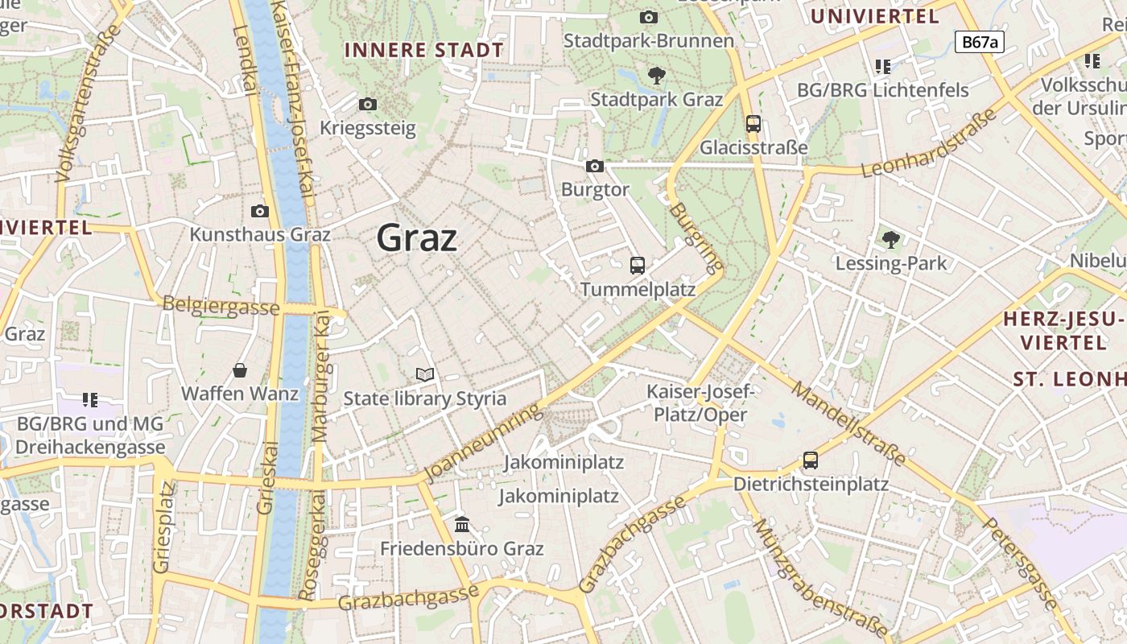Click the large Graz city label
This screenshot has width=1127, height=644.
tap(417, 238)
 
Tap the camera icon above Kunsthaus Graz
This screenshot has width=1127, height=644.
tap(260, 211)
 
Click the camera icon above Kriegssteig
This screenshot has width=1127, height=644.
tap(368, 104)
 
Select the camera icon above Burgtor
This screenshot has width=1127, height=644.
tap(595, 166)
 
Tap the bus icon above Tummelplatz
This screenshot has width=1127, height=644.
tap(638, 265)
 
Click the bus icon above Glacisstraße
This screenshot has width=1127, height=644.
tap(753, 124)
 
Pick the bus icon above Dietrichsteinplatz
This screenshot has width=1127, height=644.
tap(811, 460)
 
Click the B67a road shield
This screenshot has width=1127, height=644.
tap(980, 43)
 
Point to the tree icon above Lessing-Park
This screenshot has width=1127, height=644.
tap(890, 239)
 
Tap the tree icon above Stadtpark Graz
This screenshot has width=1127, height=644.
tap(657, 76)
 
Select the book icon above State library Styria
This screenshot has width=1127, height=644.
tap(425, 374)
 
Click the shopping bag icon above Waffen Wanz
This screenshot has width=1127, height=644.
tap(240, 370)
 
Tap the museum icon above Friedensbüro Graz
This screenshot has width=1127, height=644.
tap(462, 525)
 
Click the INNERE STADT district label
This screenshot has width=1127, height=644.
tap(424, 50)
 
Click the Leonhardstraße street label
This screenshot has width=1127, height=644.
tap(930, 142)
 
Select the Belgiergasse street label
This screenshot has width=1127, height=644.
tap(221, 306)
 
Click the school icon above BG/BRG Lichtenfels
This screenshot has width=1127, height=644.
tap(883, 66)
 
